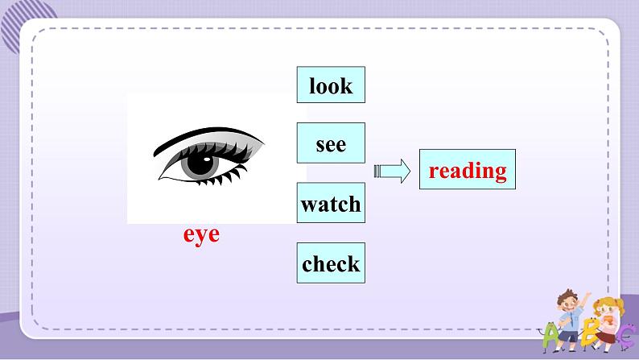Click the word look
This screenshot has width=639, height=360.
point(331,85)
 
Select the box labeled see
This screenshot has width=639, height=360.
point(331,144)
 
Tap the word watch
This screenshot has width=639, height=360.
point(331,204)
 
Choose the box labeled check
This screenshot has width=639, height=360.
point(331,263)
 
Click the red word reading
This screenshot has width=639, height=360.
point(468,170)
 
